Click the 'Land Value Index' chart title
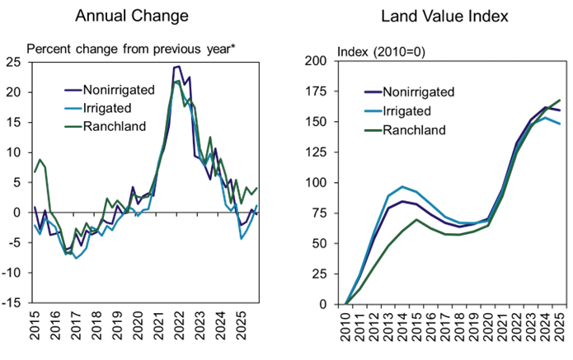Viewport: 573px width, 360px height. pyautogui.click(x=444, y=16)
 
